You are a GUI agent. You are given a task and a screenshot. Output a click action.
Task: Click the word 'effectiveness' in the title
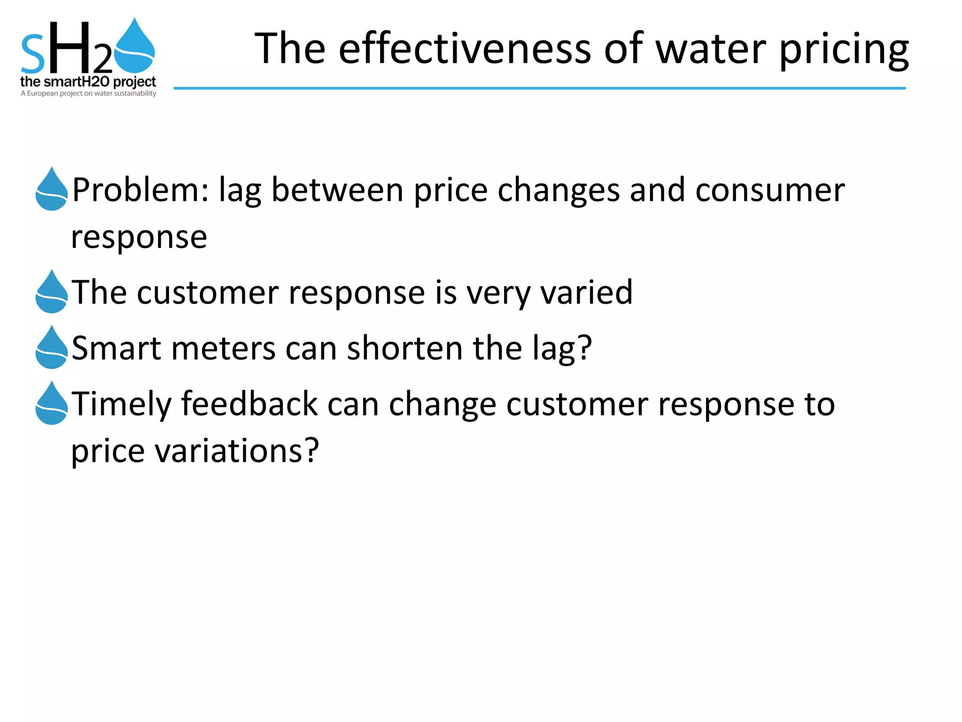coord(465,49)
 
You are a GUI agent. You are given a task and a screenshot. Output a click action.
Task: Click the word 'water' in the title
coord(711,49)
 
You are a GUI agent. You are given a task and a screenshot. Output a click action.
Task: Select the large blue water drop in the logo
coord(135,47)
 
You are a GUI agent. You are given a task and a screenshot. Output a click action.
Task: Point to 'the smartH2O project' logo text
coord(88,82)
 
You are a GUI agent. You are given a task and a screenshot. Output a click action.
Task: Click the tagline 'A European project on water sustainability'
coord(88,94)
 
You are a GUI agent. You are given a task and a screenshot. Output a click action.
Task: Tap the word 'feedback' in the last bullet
coord(249,404)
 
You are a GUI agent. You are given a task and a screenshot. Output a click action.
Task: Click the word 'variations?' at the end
coord(237,451)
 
